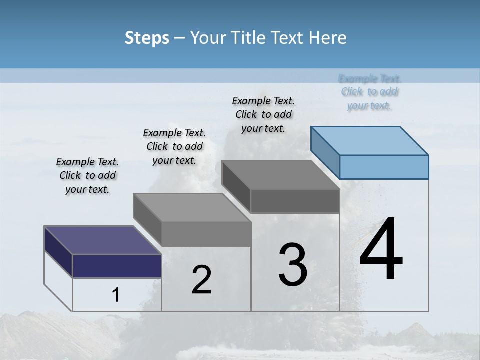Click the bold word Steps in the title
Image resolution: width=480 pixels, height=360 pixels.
point(147,38)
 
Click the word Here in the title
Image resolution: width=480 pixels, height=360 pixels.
point(326,38)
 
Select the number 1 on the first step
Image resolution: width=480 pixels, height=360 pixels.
point(116,295)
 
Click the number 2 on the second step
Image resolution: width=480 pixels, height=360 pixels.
point(201,280)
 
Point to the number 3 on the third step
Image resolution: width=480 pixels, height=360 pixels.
point(293,264)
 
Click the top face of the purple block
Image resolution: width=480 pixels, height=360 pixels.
point(102,240)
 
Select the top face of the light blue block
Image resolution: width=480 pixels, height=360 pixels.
point(370,140)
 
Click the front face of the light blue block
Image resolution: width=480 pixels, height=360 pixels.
point(384,167)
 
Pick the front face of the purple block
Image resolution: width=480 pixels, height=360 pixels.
point(117,266)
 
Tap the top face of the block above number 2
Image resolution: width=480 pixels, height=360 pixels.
point(192,207)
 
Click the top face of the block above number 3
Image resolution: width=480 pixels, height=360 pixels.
point(280,175)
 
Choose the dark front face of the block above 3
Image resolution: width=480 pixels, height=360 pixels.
point(295,201)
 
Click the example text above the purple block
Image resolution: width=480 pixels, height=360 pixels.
point(87,175)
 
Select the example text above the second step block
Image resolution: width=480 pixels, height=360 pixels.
point(174,146)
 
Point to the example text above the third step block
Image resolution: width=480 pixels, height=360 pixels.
point(263,114)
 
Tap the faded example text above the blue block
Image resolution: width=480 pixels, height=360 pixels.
point(370,92)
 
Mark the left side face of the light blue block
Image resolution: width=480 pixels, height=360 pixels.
point(325,152)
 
